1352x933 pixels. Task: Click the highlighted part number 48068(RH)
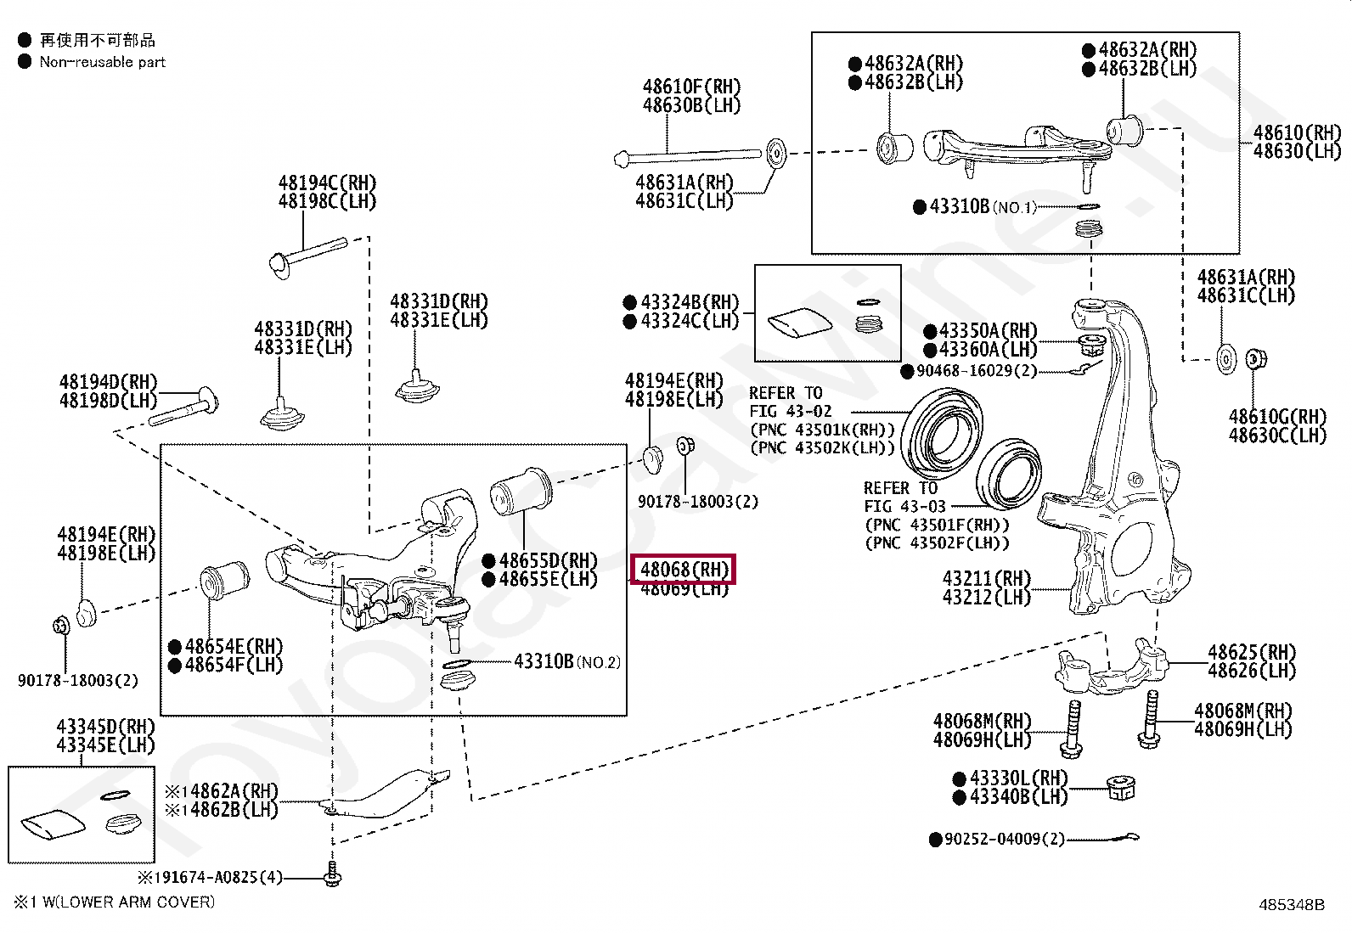point(684,570)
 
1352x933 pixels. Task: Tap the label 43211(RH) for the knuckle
point(986,579)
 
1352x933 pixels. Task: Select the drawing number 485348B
point(1290,905)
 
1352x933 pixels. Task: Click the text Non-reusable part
point(102,62)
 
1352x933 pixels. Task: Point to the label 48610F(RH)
point(691,87)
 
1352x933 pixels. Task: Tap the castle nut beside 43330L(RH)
point(1121,789)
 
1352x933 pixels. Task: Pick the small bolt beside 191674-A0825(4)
point(332,874)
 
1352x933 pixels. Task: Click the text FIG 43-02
point(790,412)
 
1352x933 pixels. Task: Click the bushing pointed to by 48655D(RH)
point(520,492)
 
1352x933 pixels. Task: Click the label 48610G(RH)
point(1276,417)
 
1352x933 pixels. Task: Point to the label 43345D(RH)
point(105,727)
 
